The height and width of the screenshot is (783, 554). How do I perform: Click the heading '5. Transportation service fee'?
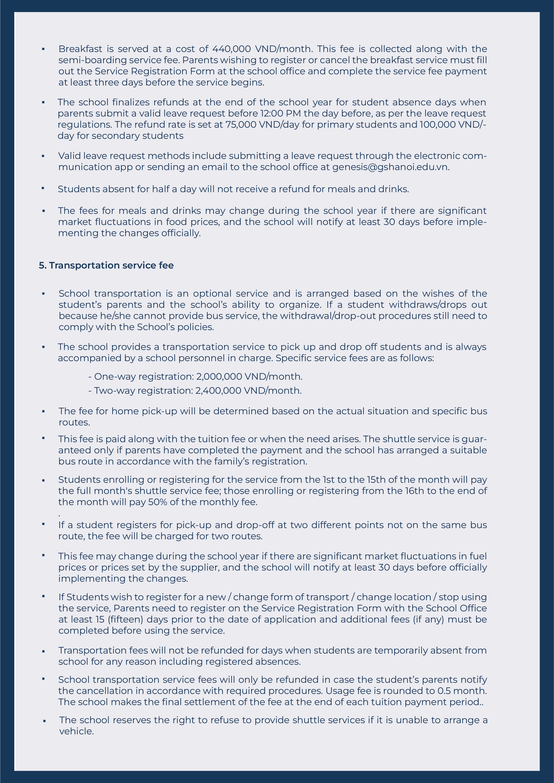(106, 265)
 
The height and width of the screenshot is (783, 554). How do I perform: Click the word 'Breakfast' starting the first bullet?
(80, 49)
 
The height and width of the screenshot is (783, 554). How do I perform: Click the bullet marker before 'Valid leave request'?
(43, 156)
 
